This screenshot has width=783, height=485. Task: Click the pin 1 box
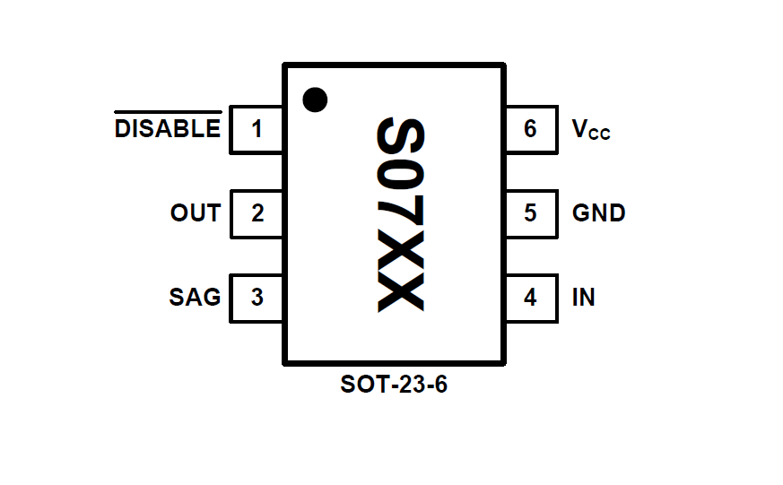257,130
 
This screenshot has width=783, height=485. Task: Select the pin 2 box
257,214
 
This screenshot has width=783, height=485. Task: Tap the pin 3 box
257,298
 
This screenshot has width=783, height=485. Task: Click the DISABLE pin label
168,130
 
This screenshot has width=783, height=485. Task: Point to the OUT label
196,214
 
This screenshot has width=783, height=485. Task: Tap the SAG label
195,298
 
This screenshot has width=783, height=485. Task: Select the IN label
583,298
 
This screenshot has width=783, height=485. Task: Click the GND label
599,214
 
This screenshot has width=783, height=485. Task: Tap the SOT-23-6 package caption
394,385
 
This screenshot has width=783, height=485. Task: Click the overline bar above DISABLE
168,113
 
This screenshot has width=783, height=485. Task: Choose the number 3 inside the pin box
257,298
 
